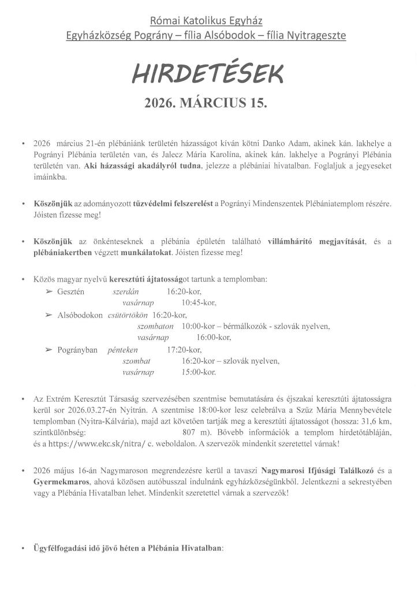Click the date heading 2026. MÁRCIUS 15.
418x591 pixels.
tap(208, 104)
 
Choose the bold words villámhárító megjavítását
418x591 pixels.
tap(317, 241)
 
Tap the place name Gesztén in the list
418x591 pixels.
tap(71, 291)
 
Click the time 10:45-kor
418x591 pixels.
tap(199, 302)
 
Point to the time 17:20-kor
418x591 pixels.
tap(184, 350)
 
